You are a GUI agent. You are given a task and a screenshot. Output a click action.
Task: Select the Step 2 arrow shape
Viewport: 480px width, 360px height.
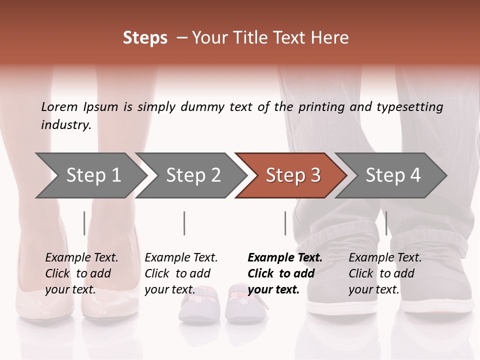[193, 175]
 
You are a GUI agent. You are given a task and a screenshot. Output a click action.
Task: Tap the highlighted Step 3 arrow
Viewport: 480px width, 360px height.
[293, 175]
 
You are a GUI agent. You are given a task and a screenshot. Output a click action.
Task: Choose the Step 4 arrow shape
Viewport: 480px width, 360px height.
[393, 175]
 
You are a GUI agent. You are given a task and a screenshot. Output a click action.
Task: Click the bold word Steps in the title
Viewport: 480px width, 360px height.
[145, 38]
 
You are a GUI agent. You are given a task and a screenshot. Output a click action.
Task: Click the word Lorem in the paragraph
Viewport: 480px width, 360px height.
[59, 107]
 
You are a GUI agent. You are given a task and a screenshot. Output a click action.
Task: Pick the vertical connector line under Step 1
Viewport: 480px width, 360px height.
[84, 223]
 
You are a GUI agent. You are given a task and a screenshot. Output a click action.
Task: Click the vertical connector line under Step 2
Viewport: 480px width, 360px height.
[184, 223]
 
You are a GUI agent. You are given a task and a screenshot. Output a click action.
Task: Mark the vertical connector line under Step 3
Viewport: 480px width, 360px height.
[285, 223]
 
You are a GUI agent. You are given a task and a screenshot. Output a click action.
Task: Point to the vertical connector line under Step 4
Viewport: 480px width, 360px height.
[386, 223]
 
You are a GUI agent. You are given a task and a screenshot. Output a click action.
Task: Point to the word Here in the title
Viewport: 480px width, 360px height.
[332, 38]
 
